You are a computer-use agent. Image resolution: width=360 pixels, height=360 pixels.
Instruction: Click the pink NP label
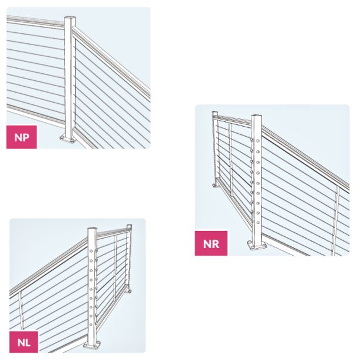click(22, 137)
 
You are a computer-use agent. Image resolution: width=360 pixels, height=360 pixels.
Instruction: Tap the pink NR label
click(211, 243)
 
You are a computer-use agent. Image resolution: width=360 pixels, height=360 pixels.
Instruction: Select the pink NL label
click(24, 342)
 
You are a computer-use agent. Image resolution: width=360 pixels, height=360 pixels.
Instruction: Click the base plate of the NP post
click(67, 138)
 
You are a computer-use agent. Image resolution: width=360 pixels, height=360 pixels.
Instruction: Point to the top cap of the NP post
click(70, 18)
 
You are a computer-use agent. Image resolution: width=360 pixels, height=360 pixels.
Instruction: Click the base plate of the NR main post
click(257, 245)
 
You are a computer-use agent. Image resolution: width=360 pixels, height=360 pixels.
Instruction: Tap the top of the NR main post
click(256, 116)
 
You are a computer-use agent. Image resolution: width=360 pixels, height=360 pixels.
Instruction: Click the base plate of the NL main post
click(92, 345)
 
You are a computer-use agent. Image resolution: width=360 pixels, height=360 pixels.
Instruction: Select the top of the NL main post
click(93, 229)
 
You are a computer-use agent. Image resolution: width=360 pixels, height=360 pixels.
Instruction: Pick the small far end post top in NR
click(215, 113)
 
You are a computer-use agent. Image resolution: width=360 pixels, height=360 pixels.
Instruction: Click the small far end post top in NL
click(129, 226)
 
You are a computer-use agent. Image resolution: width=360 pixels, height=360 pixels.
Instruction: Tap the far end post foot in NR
click(215, 185)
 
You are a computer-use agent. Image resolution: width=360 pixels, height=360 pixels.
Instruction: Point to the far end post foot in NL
click(130, 291)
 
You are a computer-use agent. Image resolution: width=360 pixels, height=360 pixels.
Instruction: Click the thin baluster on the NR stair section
click(335, 220)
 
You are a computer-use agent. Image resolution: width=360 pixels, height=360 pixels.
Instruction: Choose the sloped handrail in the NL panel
click(49, 266)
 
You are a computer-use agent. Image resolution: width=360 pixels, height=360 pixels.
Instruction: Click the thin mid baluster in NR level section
click(230, 160)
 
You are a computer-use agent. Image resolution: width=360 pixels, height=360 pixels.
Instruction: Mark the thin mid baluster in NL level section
click(116, 268)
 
